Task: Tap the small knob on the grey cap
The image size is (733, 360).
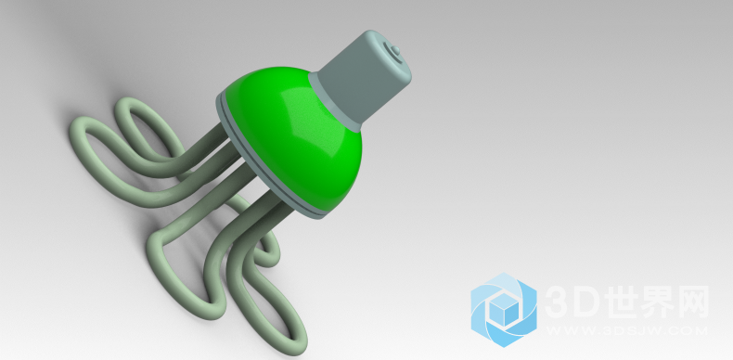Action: click(395, 49)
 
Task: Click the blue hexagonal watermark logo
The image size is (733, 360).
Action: click(504, 310)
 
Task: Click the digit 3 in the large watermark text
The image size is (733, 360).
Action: click(558, 302)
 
